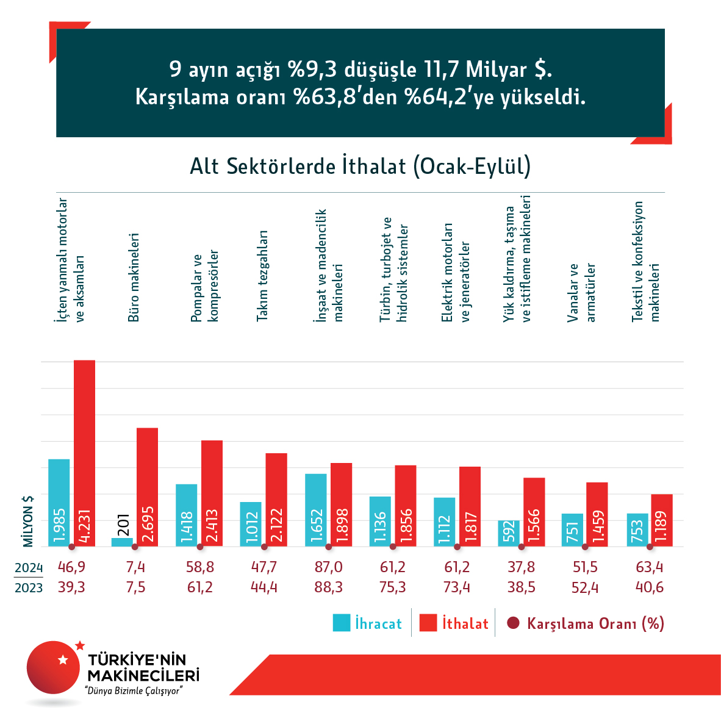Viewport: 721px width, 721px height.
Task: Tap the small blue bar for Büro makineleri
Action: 122,542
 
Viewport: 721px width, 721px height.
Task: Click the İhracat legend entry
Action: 367,623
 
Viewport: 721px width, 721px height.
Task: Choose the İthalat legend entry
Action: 454,623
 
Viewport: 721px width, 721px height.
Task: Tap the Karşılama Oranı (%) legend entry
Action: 586,623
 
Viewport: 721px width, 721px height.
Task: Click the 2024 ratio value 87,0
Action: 328,567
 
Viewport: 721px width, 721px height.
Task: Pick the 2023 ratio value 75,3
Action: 392,587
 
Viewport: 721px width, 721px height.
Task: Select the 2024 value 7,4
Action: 135,567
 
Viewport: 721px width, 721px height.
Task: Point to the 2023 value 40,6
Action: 650,587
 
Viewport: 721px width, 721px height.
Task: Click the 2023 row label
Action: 29,587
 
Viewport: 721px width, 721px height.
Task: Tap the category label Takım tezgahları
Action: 262,276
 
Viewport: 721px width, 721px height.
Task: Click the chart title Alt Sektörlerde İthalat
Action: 360,167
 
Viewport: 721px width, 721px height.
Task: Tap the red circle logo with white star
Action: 54,667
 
